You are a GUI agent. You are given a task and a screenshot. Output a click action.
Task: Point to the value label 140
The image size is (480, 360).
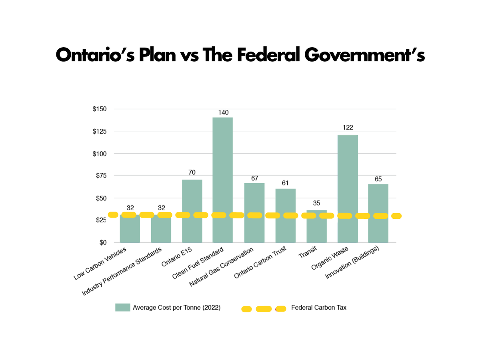[x=223, y=112]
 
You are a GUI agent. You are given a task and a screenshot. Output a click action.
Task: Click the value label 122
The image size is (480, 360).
[x=348, y=128]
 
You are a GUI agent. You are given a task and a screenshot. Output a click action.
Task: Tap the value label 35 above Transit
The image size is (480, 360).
[x=316, y=203]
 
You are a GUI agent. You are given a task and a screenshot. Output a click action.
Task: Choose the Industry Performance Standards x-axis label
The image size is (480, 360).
[x=122, y=272]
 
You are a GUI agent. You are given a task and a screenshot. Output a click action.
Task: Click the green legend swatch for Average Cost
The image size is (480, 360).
[x=122, y=308]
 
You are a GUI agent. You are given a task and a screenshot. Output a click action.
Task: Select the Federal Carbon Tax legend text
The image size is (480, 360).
[x=319, y=308]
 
